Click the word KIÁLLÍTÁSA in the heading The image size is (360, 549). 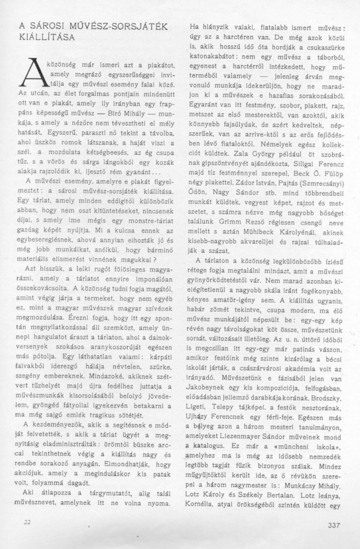pos(47,38)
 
